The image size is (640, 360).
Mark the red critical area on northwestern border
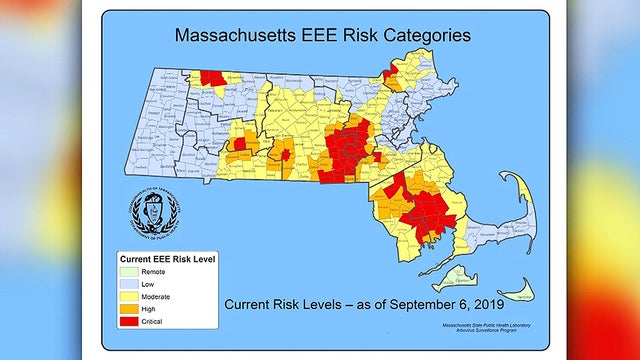coord(212,78)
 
